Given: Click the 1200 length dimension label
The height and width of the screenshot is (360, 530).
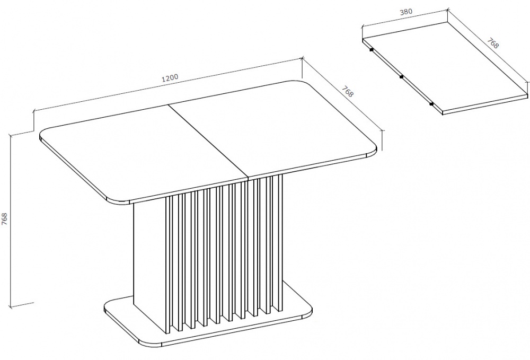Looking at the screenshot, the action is click(x=170, y=78).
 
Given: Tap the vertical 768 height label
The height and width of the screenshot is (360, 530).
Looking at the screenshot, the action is click(x=4, y=220).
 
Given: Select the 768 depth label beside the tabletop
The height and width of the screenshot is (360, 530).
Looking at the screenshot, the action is click(x=347, y=91).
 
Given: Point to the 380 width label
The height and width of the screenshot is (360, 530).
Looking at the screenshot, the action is click(x=406, y=11).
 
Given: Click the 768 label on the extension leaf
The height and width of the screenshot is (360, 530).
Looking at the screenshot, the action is click(x=493, y=43).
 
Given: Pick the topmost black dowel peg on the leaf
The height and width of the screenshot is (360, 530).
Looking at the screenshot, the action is click(x=371, y=50).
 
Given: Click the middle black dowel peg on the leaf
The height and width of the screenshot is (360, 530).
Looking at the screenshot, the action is click(x=401, y=77).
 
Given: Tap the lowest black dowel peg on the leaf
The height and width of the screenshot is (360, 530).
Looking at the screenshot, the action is click(x=431, y=104).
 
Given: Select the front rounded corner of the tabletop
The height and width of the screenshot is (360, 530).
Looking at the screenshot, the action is click(x=118, y=199).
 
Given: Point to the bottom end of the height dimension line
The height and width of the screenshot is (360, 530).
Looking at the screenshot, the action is click(x=11, y=308).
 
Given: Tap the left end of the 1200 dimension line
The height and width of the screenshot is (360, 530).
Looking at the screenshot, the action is click(x=33, y=110).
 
